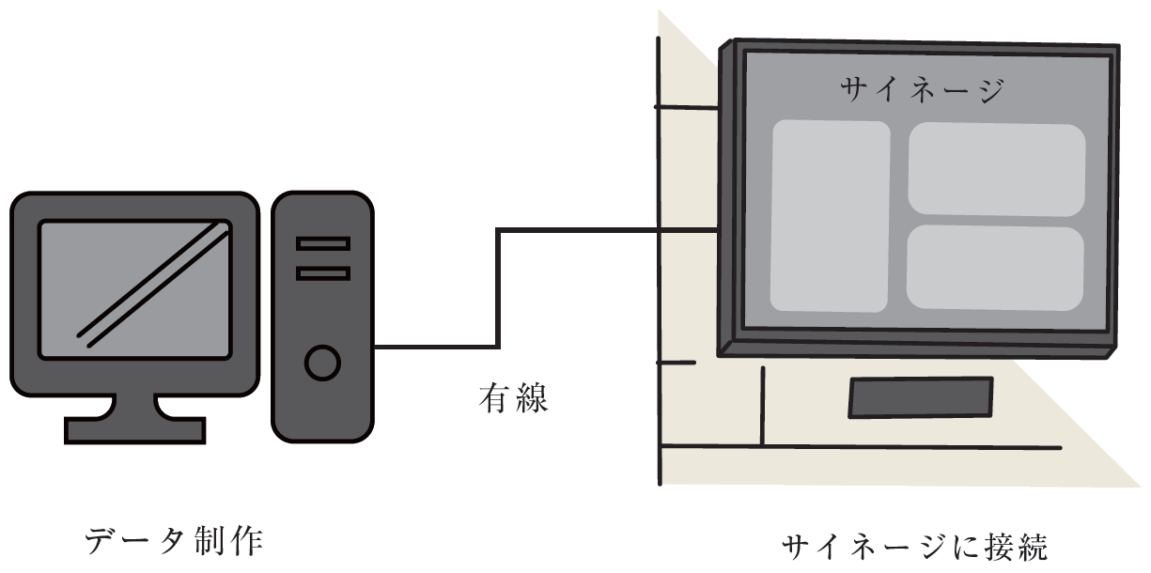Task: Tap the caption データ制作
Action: point(174,542)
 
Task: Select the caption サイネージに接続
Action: point(914,548)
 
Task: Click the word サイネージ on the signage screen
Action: point(922,91)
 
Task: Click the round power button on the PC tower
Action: point(322,363)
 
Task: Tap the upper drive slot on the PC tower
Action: point(322,243)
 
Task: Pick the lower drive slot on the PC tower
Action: point(322,273)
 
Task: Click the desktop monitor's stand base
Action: point(134,430)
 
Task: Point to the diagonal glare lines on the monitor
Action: point(153,282)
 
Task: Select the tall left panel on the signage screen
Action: point(830,216)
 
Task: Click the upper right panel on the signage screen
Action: point(996,169)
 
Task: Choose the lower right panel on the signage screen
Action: point(995,268)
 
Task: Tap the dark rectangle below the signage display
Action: point(920,396)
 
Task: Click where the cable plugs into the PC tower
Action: point(376,346)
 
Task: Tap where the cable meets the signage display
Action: point(718,229)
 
